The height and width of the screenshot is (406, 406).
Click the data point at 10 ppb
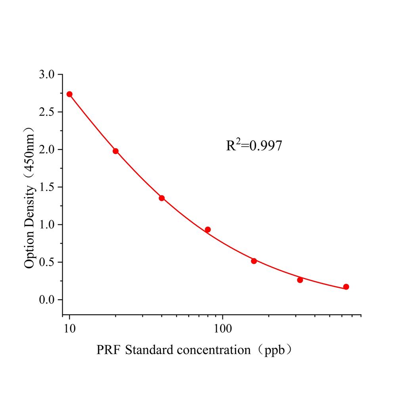(69, 94)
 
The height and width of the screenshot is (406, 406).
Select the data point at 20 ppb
(115, 151)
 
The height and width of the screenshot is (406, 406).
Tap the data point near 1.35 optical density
(162, 198)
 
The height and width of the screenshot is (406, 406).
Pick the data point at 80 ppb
(208, 230)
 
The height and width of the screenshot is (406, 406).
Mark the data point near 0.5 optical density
(254, 261)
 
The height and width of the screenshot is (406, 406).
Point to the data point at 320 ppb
(300, 280)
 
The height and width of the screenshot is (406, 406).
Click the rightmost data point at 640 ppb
(346, 287)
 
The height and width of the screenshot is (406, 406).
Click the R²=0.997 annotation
(254, 146)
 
